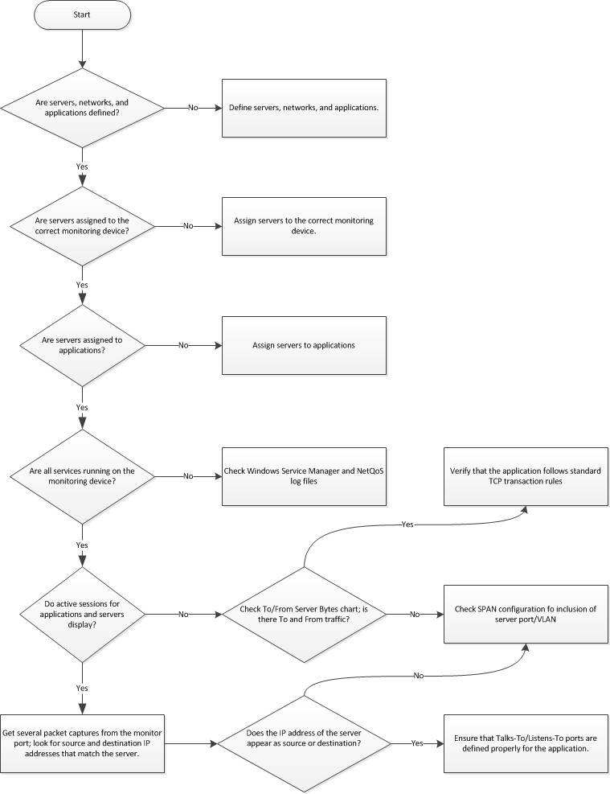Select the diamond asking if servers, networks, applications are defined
coord(82,108)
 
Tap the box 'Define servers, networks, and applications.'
coord(304,108)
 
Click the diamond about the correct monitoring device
coord(82,226)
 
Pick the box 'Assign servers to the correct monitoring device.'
coord(304,226)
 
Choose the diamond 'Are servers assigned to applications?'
coord(82,345)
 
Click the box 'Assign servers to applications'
coord(304,345)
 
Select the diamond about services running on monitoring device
coord(82,476)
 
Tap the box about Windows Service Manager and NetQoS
coord(304,476)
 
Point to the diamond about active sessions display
coord(82,614)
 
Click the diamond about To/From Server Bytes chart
coord(303,614)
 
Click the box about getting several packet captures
coord(82,743)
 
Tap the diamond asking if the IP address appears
coord(303,743)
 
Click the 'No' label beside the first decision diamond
coord(193,108)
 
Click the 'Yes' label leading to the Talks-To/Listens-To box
coord(417,743)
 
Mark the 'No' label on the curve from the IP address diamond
coord(418,676)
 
